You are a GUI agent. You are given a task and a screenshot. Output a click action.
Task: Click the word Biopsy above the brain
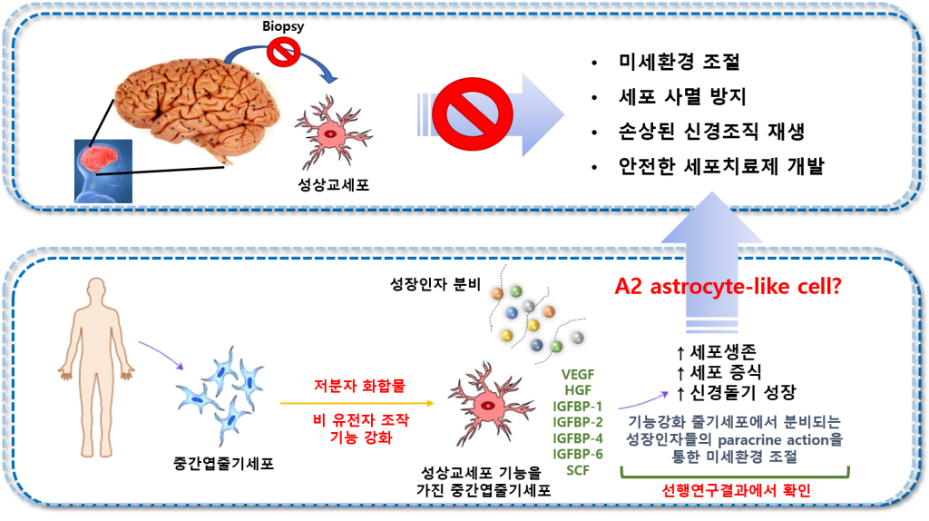pos(283,26)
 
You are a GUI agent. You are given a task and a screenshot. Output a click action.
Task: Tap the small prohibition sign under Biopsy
pos(283,52)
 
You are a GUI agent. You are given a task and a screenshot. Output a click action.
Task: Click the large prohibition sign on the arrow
pos(472,114)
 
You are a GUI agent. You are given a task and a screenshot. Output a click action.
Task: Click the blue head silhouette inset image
pos(103,172)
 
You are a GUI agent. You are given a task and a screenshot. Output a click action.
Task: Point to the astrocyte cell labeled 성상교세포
pos(332,133)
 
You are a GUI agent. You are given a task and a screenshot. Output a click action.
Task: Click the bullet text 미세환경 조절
pos(679,62)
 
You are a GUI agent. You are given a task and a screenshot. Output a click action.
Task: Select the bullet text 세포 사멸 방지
pos(682,96)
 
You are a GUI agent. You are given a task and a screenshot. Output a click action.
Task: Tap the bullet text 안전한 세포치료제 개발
pos(721,166)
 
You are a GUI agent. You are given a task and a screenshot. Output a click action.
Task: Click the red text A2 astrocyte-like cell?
pos(729,287)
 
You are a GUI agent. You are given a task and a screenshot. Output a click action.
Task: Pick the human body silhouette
pos(96,368)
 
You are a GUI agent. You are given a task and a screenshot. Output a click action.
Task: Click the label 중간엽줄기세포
pos(224,464)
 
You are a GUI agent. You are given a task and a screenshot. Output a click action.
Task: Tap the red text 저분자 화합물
pos(359,386)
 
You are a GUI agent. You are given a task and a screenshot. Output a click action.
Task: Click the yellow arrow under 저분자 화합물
pos(357,404)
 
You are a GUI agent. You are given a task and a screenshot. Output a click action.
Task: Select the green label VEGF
pos(578,375)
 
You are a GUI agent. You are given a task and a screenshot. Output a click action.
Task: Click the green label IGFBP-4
pos(578,438)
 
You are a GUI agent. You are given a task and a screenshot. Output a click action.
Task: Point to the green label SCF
pos(578,470)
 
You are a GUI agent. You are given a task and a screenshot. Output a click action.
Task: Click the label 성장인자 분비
pos(435,284)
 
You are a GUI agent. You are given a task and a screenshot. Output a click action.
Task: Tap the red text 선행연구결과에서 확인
pos(736,491)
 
